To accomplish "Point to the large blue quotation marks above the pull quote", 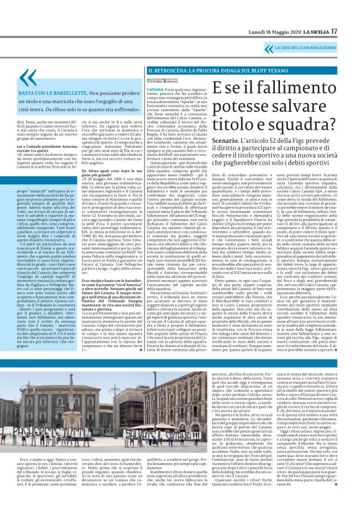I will click(28, 78).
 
